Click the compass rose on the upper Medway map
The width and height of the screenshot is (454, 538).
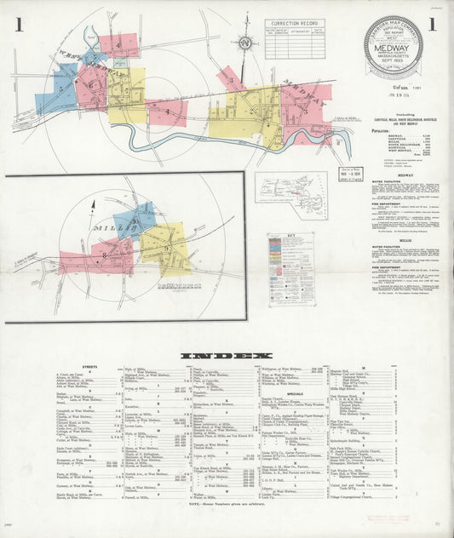tap(245, 43)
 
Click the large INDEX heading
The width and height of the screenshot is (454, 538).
tap(227, 355)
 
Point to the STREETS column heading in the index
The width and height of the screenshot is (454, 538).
tap(90, 367)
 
